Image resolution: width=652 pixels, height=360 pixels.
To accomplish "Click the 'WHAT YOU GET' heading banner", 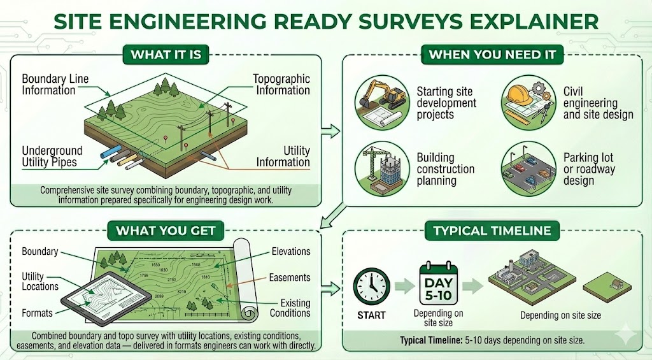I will pos(166,230).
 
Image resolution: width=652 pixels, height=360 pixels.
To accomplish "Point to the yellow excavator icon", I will pos(382,99).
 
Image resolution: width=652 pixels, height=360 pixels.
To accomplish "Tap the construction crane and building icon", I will pos(381,168).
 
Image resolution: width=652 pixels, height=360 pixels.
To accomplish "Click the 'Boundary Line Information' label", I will pos(55,84).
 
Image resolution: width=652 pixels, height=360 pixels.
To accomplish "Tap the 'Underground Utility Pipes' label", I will pos(52,156).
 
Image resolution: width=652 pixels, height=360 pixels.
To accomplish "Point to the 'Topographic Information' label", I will pos(281,84).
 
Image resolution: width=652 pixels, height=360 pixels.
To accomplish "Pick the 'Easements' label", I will pos(290,277).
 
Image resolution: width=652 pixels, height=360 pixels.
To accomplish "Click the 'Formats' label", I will pos(37,313).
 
